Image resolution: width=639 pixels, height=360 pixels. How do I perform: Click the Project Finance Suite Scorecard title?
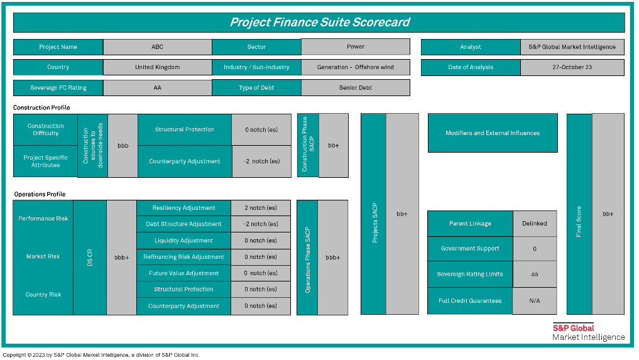(x=319, y=23)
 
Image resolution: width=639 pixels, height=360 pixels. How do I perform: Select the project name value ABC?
(x=157, y=47)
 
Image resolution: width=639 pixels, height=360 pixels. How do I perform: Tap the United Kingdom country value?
(x=157, y=67)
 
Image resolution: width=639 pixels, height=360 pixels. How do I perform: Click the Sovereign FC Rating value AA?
(x=157, y=88)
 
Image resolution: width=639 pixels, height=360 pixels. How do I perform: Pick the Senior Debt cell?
(x=356, y=88)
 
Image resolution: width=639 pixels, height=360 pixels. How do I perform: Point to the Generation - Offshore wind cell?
(x=356, y=67)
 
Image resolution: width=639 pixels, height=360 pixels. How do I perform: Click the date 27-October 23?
(x=572, y=67)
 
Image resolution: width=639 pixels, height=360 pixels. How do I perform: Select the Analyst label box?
(x=471, y=47)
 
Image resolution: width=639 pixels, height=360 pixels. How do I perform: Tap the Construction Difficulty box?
(x=46, y=129)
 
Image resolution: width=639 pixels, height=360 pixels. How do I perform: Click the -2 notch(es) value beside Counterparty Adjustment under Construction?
(x=261, y=161)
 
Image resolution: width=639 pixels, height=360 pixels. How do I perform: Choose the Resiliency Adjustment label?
(x=183, y=208)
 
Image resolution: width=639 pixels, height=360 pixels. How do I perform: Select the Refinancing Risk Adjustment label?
(x=183, y=257)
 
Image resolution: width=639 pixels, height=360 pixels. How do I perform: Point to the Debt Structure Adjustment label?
(x=183, y=224)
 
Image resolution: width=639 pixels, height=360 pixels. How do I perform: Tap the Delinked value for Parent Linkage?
(x=535, y=223)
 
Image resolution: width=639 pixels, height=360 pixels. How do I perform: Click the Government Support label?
(x=470, y=249)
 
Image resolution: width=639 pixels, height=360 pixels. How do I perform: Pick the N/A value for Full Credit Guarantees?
(x=535, y=301)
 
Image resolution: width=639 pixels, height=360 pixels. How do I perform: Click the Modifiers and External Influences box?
(x=493, y=133)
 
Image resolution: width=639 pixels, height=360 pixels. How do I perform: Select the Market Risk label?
(x=43, y=256)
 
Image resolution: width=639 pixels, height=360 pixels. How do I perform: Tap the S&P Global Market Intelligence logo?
(x=588, y=332)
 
